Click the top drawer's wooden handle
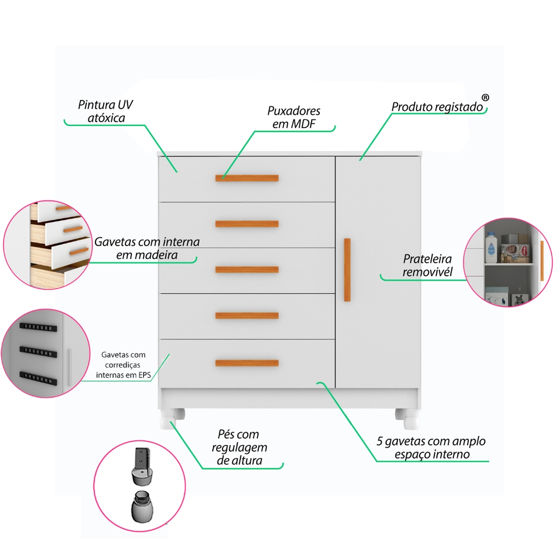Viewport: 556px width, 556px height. pos(247,178)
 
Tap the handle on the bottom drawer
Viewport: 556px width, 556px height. pos(247,363)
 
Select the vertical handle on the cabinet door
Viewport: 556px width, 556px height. pos(347,270)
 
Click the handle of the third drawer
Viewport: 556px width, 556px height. pos(247,269)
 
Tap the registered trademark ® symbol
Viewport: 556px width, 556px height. pos(485,98)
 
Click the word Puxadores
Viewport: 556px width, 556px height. pos(294,111)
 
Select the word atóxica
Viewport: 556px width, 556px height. pos(106,118)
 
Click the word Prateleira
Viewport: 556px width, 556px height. pos(427,259)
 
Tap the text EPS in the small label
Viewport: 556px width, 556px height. pos(144,375)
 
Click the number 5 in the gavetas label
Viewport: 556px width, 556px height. pos(380,441)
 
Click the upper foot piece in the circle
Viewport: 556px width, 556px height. pos(143,466)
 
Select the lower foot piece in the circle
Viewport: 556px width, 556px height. pos(142,507)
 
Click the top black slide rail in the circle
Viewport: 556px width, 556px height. pos(39,327)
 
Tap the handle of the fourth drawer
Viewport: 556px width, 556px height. pos(247,315)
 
